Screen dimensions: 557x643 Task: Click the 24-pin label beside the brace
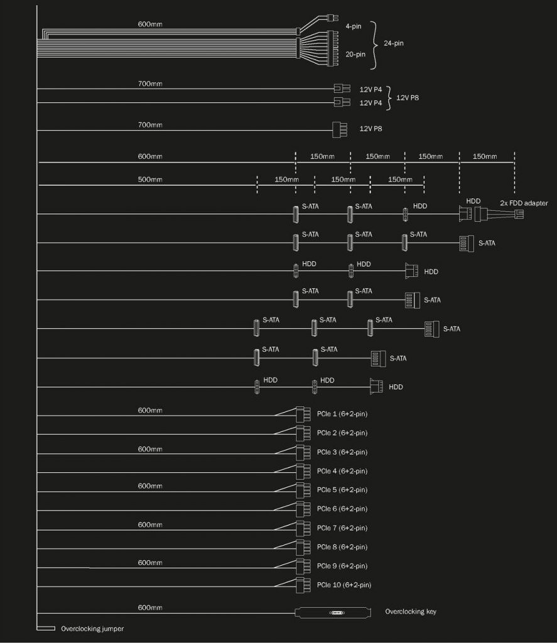click(x=393, y=43)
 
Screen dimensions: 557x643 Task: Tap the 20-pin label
click(x=355, y=54)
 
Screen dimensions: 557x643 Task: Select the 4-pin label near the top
click(x=353, y=26)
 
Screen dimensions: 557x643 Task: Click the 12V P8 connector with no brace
click(x=340, y=129)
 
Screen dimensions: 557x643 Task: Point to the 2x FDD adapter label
click(x=524, y=203)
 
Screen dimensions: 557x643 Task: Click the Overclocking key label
click(x=411, y=612)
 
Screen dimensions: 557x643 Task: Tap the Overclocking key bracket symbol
click(x=333, y=613)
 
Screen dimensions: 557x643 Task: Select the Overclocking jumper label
click(x=92, y=629)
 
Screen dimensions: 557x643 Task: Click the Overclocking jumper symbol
click(x=46, y=628)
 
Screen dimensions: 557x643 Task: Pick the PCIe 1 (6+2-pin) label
click(x=342, y=414)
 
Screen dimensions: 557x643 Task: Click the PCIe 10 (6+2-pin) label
click(x=343, y=585)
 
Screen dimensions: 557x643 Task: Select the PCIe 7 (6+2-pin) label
click(x=342, y=527)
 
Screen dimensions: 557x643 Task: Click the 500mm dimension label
click(x=149, y=179)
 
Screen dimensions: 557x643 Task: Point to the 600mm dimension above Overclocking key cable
click(x=149, y=607)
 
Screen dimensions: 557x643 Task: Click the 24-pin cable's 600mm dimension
click(x=149, y=24)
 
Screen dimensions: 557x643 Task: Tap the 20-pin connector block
click(x=332, y=48)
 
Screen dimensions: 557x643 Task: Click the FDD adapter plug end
click(x=519, y=213)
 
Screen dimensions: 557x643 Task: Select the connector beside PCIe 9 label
click(x=303, y=566)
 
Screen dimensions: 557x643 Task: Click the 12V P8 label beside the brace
click(x=408, y=97)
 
